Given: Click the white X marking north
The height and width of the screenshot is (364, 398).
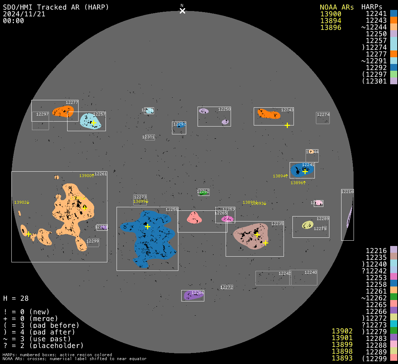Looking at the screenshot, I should pos(182,11).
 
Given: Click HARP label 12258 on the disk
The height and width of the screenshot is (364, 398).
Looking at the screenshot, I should pos(172,209).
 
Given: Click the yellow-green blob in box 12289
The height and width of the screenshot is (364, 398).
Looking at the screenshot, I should pos(307,225).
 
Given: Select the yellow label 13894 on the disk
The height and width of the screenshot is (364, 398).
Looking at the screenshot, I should pos(280,176).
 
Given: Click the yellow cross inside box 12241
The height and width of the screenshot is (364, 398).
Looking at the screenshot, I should pos(305,171).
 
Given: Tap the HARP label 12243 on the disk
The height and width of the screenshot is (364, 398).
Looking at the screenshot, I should pos(287,110).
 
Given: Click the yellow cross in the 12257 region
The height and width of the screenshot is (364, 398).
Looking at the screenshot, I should pos(93,123).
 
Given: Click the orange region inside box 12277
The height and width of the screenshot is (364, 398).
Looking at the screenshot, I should pos(63,112).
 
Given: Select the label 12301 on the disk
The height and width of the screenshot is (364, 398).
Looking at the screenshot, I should pos(148,137).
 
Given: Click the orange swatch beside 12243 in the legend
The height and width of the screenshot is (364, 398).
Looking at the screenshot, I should pos(393,20).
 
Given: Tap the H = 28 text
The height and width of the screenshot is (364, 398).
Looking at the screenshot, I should pos(16,298).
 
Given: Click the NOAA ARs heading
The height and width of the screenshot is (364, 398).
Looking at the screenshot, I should pos(337,7).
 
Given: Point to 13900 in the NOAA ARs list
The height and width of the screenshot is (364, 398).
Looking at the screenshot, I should pos(330,14).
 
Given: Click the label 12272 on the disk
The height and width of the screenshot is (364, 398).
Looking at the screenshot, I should pos(227,287).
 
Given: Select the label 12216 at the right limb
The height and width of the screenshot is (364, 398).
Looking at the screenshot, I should pos(347,192).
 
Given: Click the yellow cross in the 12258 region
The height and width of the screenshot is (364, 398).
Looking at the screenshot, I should pos(147,226).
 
